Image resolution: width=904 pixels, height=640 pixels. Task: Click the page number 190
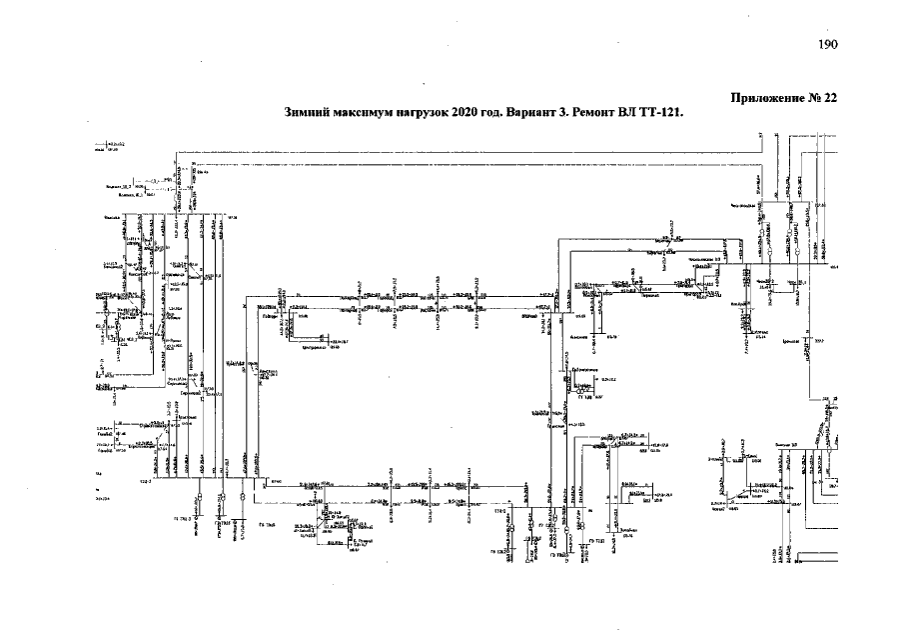(x=827, y=44)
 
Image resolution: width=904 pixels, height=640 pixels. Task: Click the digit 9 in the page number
(x=827, y=44)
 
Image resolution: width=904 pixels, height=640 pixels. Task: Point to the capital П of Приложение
(x=736, y=98)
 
